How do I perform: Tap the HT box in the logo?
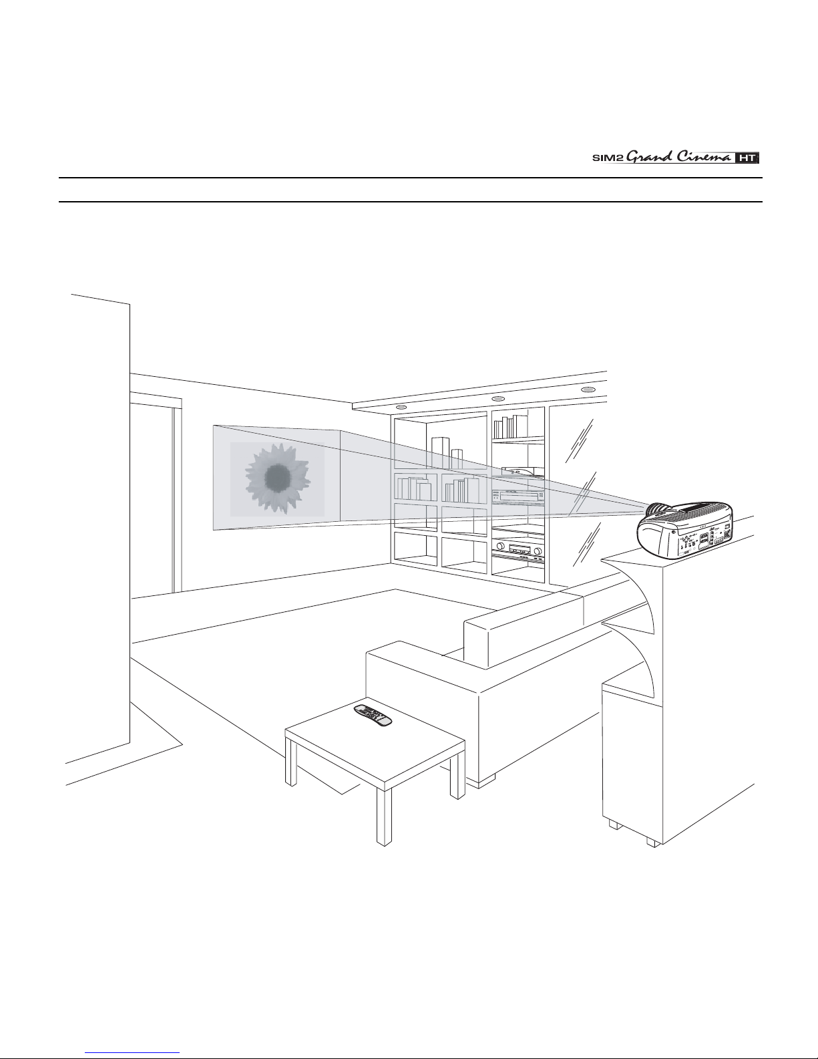747,158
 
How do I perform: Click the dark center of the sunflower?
276,476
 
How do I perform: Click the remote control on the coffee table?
373,714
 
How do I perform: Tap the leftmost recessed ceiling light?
401,407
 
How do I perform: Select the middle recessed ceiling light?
497,399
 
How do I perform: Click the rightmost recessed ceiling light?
588,390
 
